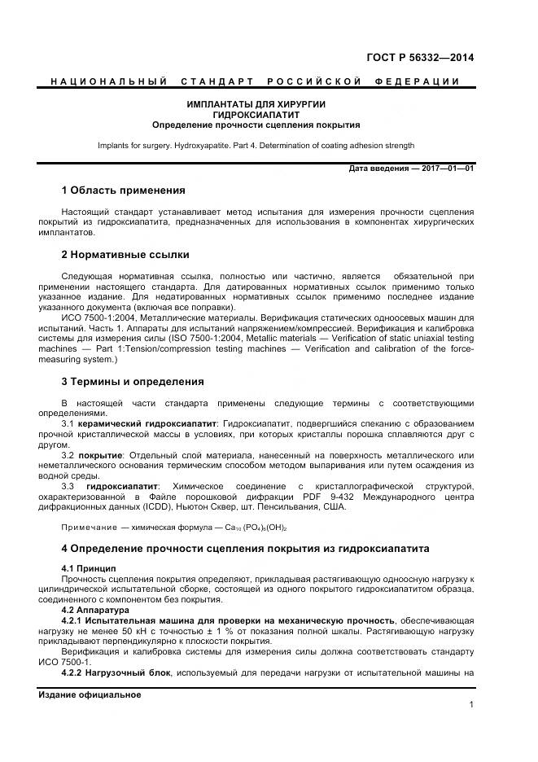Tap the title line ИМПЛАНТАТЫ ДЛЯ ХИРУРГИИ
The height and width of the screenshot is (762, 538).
click(256, 106)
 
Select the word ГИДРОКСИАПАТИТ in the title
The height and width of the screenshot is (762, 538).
click(256, 116)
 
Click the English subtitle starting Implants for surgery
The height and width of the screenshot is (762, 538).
click(256, 146)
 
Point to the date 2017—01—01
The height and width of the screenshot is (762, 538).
click(448, 169)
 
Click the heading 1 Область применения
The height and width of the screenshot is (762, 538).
click(124, 190)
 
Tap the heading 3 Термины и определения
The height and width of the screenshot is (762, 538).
click(133, 381)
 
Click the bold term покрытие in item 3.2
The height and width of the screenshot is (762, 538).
click(100, 455)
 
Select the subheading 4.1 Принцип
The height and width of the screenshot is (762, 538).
click(90, 567)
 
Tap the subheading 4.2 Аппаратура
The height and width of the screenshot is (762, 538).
click(95, 609)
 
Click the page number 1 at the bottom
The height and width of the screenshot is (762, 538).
click(471, 705)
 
